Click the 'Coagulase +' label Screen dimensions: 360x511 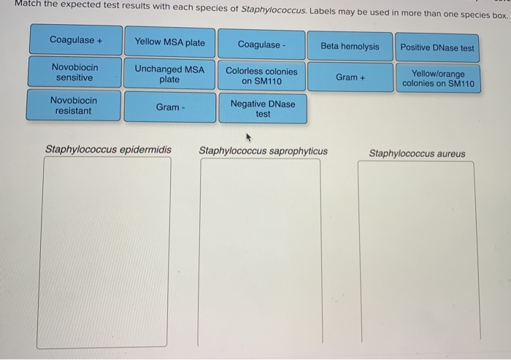(x=76, y=40)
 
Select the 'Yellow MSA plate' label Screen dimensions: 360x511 (x=169, y=42)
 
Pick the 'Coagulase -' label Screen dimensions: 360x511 (x=262, y=45)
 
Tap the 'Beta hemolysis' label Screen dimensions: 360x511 (x=350, y=46)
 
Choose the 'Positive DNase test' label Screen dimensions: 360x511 (x=437, y=48)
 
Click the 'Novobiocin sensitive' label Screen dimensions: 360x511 (x=74, y=72)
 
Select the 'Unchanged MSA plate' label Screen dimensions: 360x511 (x=169, y=74)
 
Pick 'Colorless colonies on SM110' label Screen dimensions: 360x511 (x=261, y=76)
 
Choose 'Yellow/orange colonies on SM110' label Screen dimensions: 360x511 (x=437, y=79)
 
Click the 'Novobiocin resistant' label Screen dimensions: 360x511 (x=74, y=105)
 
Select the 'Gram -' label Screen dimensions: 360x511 (x=169, y=107)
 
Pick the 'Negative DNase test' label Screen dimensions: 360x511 (x=263, y=109)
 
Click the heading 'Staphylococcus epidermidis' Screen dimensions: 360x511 (x=108, y=150)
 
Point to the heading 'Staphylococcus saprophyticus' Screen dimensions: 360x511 (x=263, y=152)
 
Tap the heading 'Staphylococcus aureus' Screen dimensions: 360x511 (x=417, y=153)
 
